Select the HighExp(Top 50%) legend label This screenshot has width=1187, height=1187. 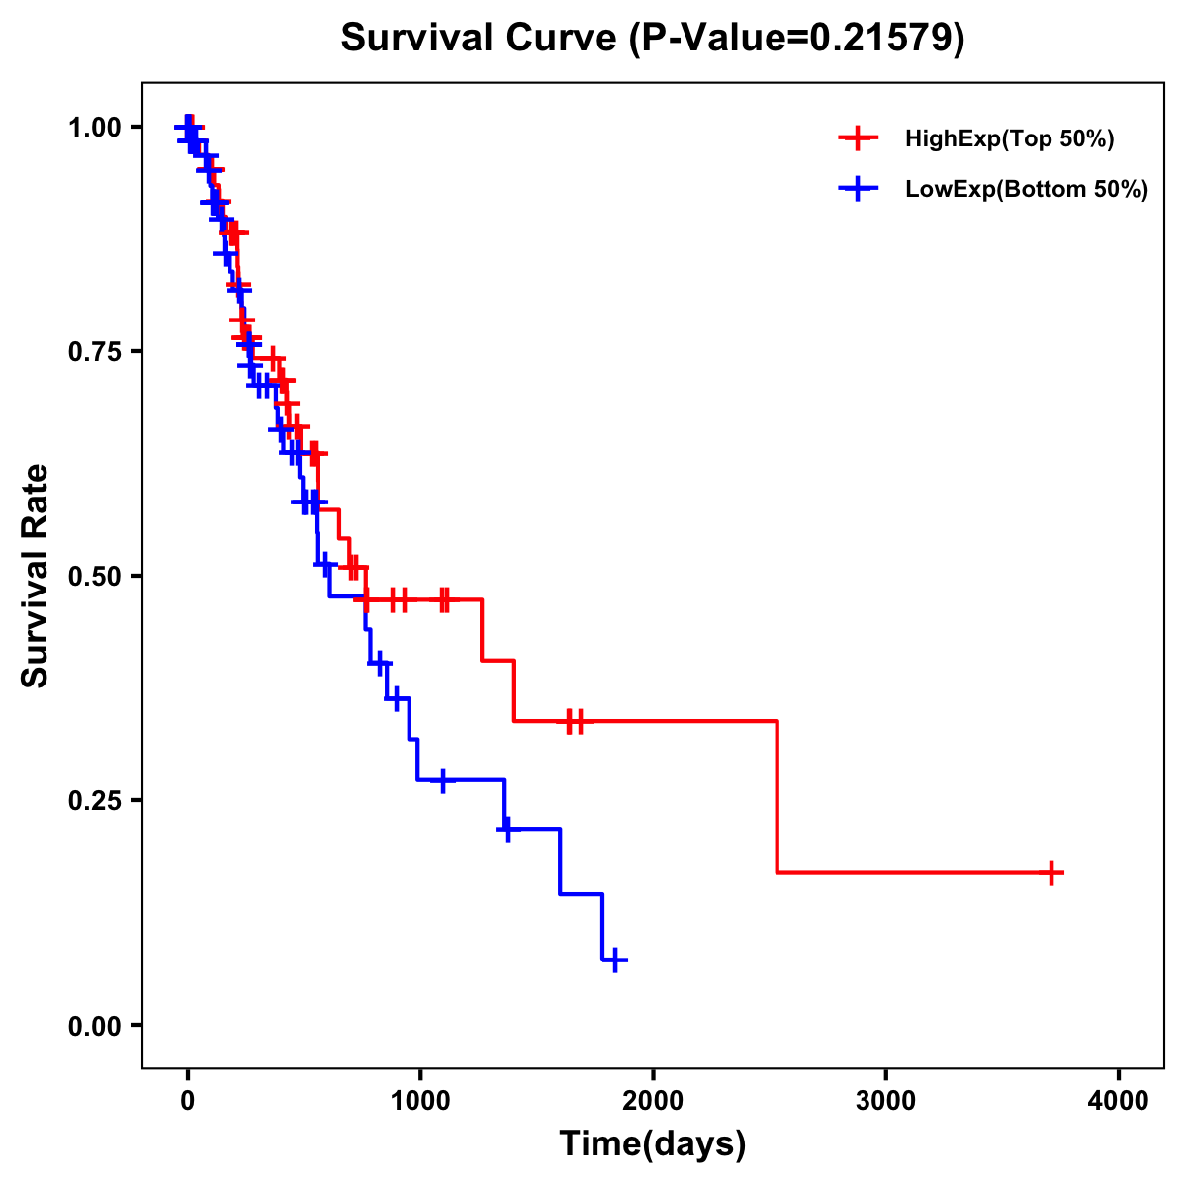(x=1009, y=139)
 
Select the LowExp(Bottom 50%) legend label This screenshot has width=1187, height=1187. (x=1026, y=190)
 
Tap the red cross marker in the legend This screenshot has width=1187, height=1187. (x=858, y=138)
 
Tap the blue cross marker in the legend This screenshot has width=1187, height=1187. (x=858, y=189)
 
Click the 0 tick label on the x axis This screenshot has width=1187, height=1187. (x=187, y=1100)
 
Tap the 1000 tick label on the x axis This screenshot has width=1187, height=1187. (x=419, y=1100)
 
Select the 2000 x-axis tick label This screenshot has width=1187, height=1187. (x=653, y=1100)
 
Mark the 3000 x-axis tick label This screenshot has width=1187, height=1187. (x=885, y=1100)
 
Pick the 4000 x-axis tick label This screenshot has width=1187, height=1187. (x=1119, y=1100)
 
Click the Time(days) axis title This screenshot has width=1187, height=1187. (x=653, y=1143)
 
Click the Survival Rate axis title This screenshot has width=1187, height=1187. (x=36, y=576)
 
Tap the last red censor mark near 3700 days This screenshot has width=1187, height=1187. (x=1052, y=872)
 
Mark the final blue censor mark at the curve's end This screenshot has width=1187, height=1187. (x=615, y=959)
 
